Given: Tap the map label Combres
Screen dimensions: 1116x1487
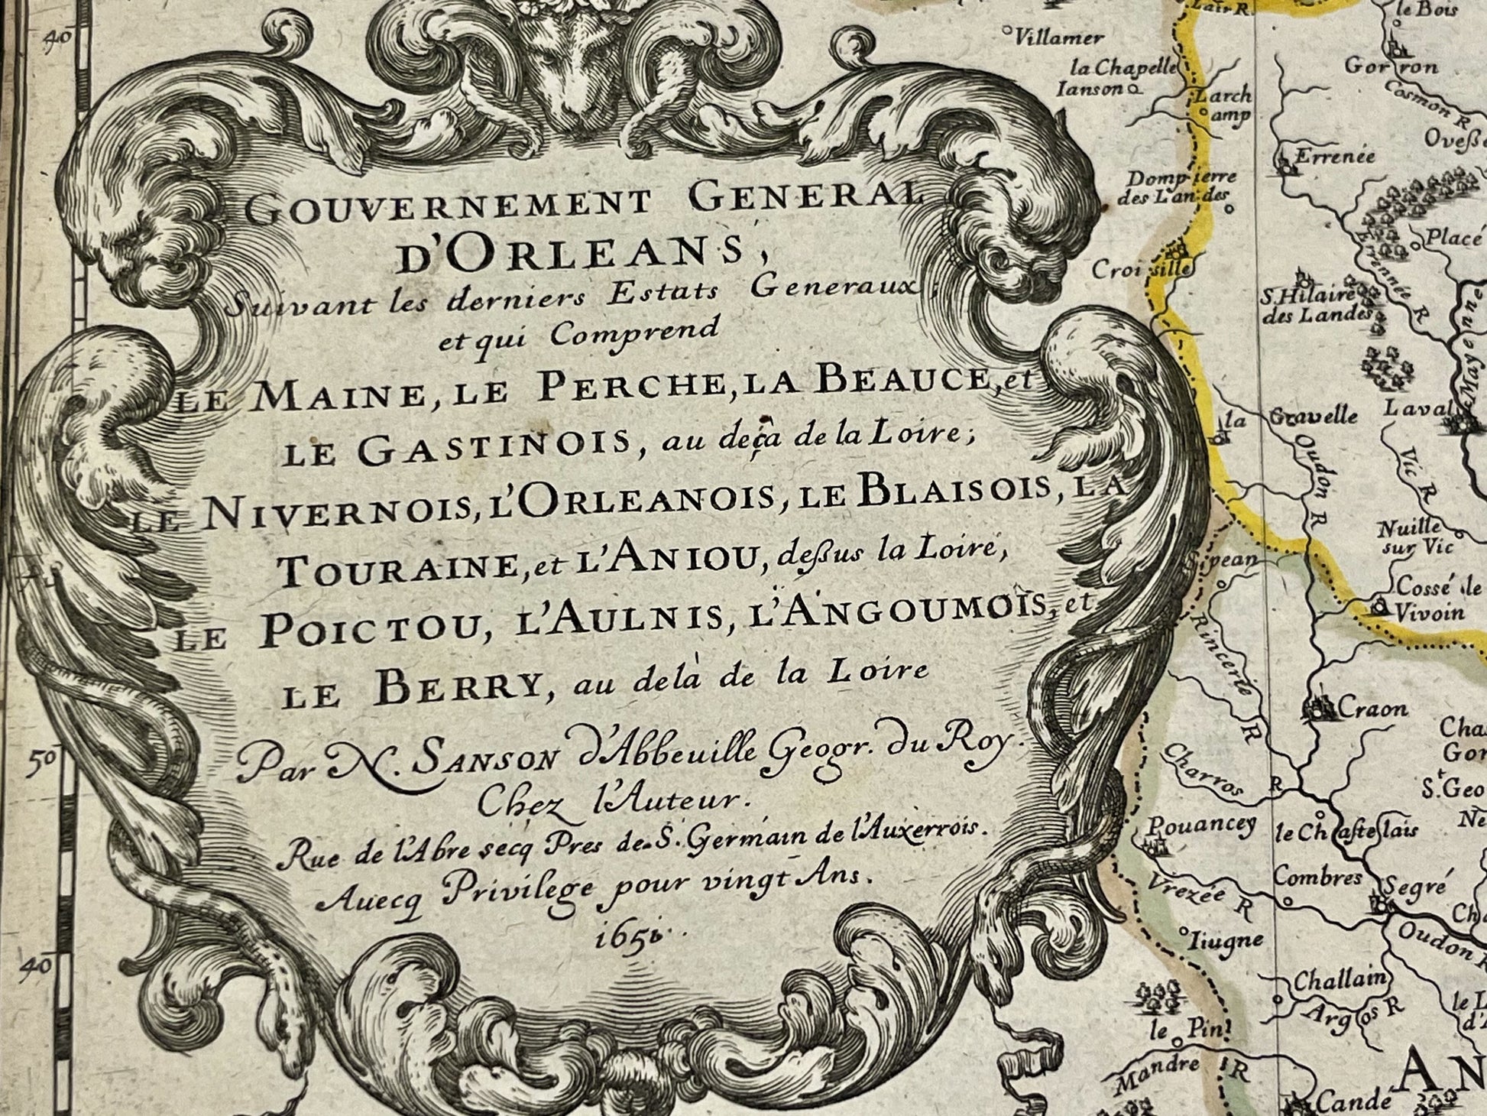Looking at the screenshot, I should pyautogui.click(x=1318, y=878).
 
